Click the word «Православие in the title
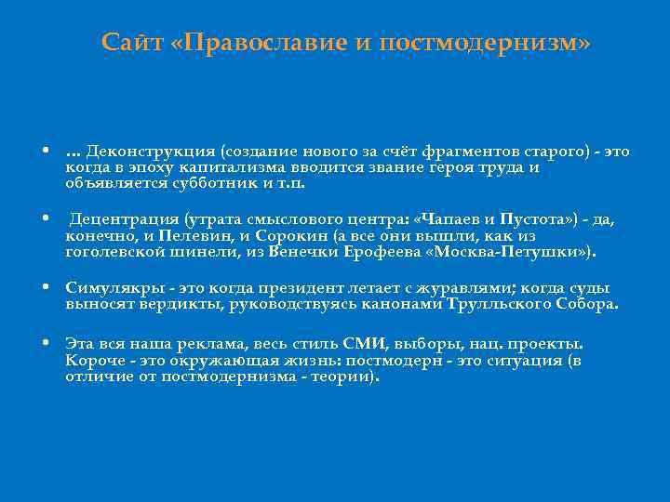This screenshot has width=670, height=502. pyautogui.click(x=246, y=43)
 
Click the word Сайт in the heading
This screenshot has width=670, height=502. pyautogui.click(x=132, y=43)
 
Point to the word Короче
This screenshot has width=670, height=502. pyautogui.click(x=95, y=359)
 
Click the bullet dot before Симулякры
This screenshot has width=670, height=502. pyautogui.click(x=46, y=288)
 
